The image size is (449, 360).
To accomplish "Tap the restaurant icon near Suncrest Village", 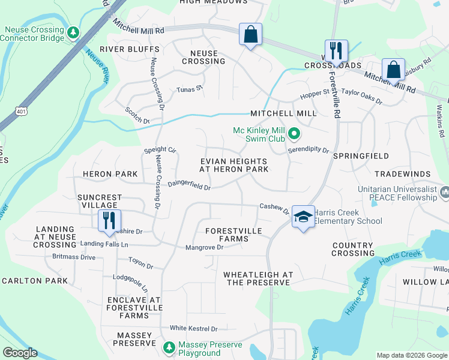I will pos(109,220).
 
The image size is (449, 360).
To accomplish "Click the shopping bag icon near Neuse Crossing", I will pos(251,34).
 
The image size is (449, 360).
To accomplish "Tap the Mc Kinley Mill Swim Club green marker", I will pos(294,133).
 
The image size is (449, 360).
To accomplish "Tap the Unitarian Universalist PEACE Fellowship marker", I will pos(444,192).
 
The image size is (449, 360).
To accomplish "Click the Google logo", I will pos(20,353).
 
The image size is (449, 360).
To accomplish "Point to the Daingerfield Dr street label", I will pos(188,187).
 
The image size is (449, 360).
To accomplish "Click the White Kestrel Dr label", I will pos(193,328).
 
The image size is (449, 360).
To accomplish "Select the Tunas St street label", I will pos(190,89).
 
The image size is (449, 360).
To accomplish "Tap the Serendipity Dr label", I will pos(309,150).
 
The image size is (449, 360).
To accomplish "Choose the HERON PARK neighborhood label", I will pos(110,174).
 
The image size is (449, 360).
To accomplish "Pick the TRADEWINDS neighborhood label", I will pos(402,174).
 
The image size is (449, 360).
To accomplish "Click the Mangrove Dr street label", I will pos(204,247).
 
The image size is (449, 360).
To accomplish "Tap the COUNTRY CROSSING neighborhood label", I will pos(353,249).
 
